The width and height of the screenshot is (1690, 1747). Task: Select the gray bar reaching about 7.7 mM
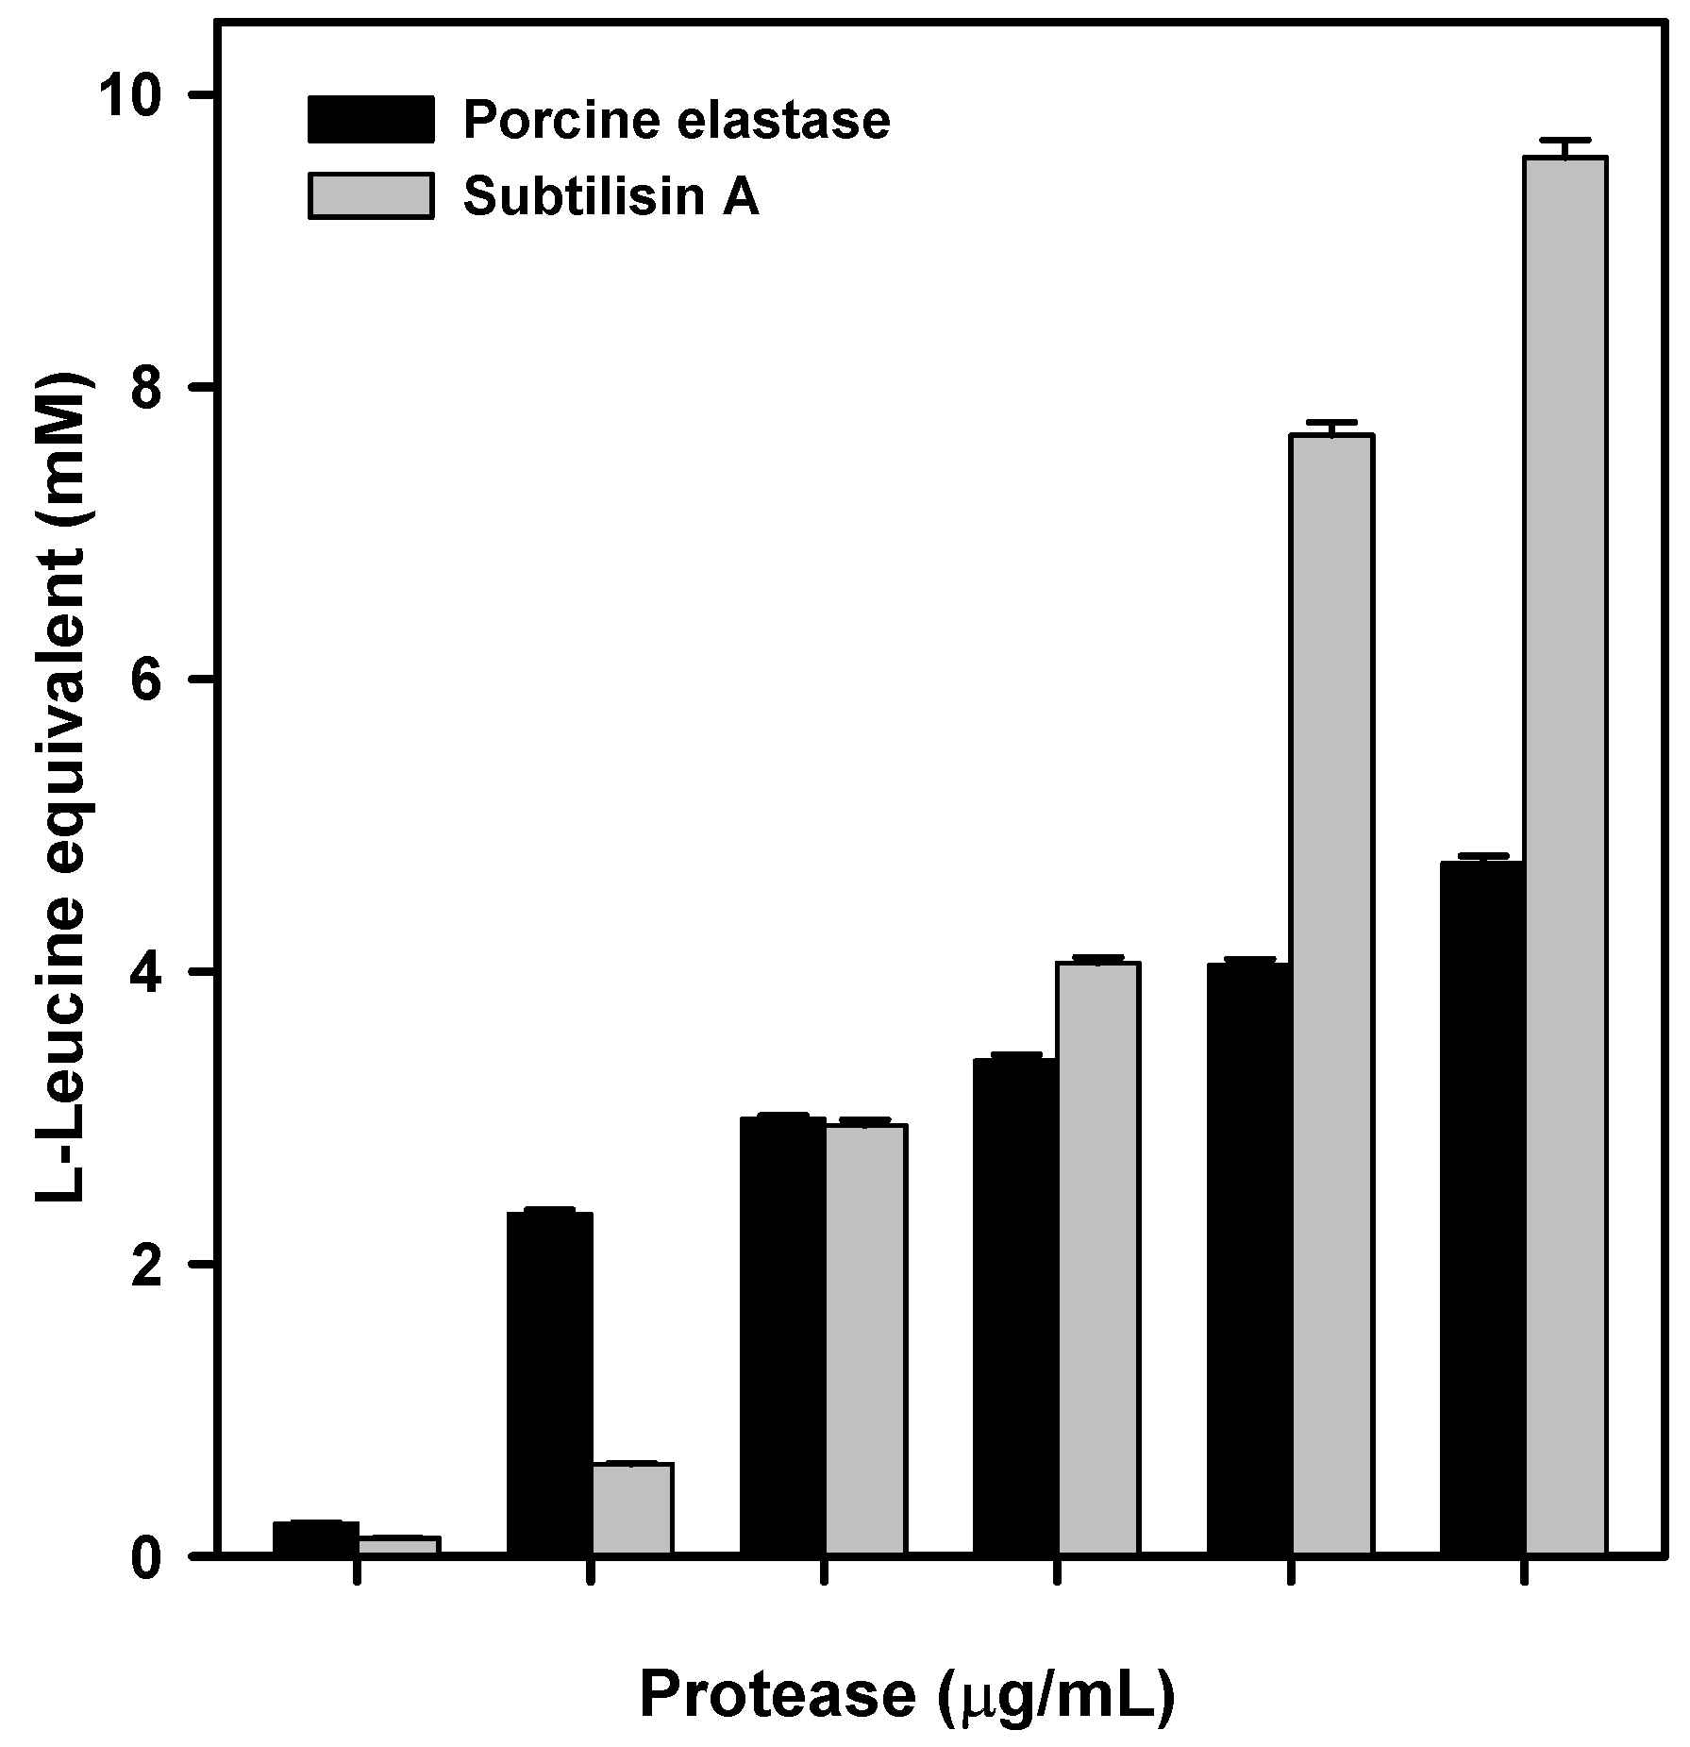tap(1331, 991)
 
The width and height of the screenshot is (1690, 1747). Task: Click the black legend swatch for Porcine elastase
tap(371, 120)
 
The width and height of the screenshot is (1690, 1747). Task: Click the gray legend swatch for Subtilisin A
tap(371, 196)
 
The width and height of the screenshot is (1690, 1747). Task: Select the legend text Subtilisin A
tap(611, 197)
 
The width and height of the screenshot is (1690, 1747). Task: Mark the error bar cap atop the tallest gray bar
tap(1565, 140)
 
